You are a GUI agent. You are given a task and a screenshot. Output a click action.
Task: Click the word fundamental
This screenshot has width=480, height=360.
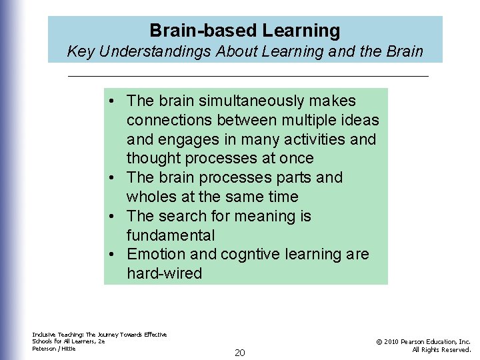(x=171, y=235)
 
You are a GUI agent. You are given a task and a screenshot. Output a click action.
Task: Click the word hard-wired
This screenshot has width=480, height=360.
(x=164, y=274)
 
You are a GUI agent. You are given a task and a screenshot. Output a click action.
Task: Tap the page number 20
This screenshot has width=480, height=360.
(x=240, y=353)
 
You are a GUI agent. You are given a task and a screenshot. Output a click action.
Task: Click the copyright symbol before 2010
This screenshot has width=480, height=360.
(x=379, y=342)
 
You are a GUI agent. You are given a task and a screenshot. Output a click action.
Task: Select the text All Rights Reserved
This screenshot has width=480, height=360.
(x=441, y=349)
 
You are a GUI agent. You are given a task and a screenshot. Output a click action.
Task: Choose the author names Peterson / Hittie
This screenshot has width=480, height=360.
(x=54, y=349)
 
